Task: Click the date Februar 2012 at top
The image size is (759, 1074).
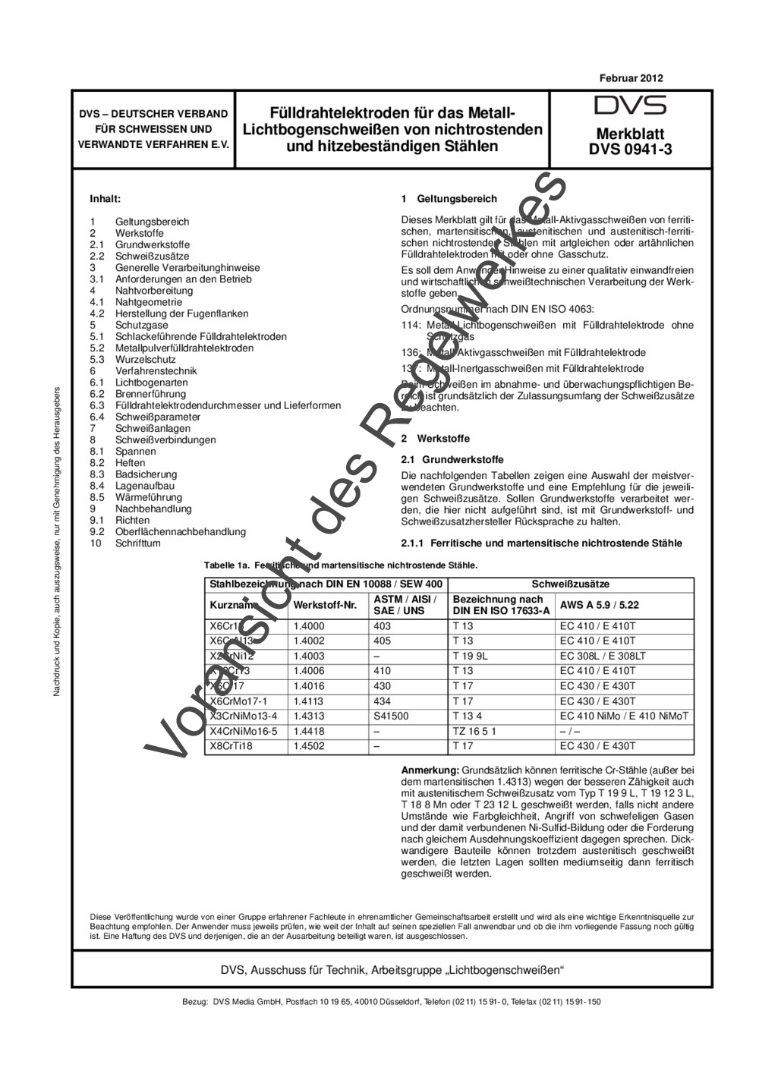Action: (631, 78)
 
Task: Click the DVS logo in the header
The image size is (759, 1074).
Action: (630, 105)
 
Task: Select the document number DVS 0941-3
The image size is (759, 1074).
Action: (630, 150)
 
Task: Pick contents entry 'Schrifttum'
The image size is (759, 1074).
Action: (137, 543)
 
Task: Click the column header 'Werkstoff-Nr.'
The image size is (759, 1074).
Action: (325, 605)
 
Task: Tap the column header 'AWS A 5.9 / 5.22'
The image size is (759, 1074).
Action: (599, 605)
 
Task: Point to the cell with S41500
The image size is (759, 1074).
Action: (391, 716)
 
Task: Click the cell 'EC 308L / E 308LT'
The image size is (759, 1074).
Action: (603, 656)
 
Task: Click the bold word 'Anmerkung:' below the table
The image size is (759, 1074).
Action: (429, 770)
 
